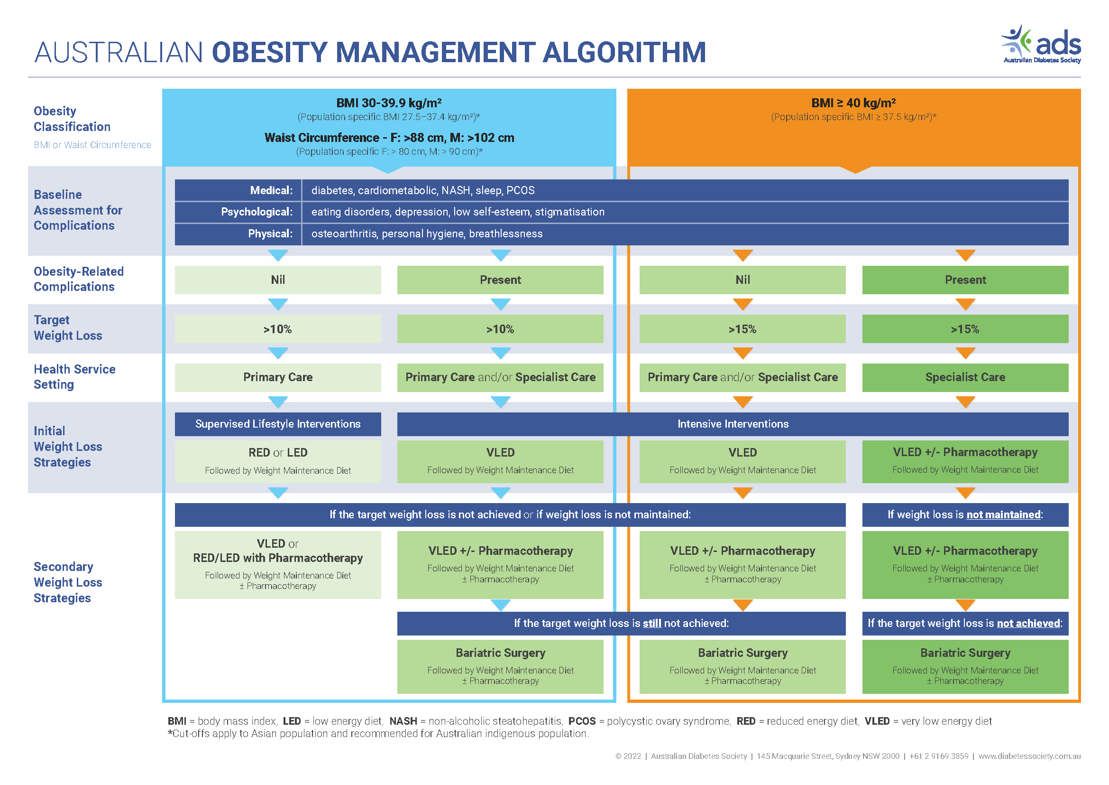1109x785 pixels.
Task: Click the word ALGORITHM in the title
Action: coord(624,52)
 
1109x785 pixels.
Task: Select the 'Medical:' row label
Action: coord(271,190)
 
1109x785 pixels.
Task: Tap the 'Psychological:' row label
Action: coord(257,212)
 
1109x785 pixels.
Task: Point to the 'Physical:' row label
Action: coord(270,234)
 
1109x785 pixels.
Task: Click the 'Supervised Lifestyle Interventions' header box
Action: coord(278,424)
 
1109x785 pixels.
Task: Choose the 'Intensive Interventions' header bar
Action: coord(732,424)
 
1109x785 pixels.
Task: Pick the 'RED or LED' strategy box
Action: coord(278,461)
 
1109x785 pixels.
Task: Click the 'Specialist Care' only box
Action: coord(964,377)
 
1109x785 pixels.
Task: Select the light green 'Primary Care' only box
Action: coord(278,377)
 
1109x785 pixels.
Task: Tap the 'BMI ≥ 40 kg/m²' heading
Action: coord(853,103)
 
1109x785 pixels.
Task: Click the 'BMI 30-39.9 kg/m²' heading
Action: coord(389,103)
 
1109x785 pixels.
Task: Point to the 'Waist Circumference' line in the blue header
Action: coord(389,138)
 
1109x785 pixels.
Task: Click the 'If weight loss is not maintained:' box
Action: coord(964,514)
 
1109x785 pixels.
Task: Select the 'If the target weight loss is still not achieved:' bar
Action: coord(621,623)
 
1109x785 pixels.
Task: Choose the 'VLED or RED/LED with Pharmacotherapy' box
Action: coord(278,564)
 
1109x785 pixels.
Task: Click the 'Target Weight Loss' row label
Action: coord(68,328)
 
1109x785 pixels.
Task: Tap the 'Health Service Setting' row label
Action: coord(74,376)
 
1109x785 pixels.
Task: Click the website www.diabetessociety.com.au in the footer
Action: coord(1029,756)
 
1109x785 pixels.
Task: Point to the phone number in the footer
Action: coord(938,756)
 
